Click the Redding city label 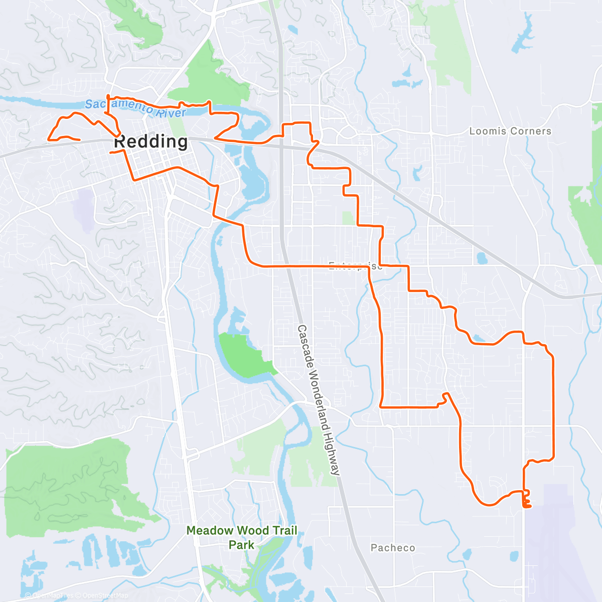[x=151, y=142]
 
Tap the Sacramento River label [x=135, y=107]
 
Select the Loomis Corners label [x=510, y=131]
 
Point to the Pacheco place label [x=393, y=548]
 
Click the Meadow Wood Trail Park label [x=242, y=537]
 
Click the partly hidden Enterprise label [x=355, y=266]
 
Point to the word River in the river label [x=170, y=112]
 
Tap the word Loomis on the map [x=485, y=131]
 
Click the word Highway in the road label [x=333, y=454]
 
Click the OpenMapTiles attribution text [x=53, y=595]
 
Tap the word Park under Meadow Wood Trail [x=242, y=545]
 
